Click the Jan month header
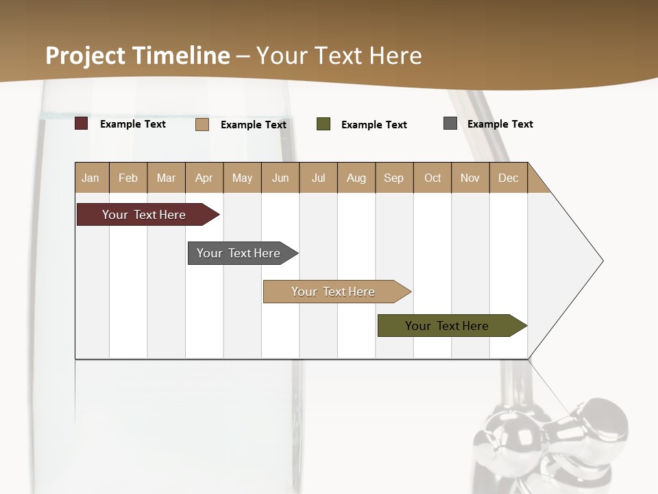(x=91, y=178)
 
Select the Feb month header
(x=128, y=178)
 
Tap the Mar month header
(x=166, y=178)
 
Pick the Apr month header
(x=204, y=178)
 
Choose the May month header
(x=242, y=178)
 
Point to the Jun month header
(x=280, y=178)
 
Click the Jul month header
(x=318, y=178)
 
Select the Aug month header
(x=356, y=178)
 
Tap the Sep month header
(x=394, y=178)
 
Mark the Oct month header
(x=432, y=178)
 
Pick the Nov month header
(x=470, y=178)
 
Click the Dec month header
(x=509, y=178)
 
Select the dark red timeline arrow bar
(x=144, y=215)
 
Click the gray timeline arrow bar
(x=239, y=253)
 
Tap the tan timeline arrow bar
(x=333, y=292)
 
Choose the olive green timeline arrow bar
(x=447, y=326)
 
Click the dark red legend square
(x=82, y=123)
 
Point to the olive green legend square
(x=324, y=124)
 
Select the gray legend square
(x=450, y=123)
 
